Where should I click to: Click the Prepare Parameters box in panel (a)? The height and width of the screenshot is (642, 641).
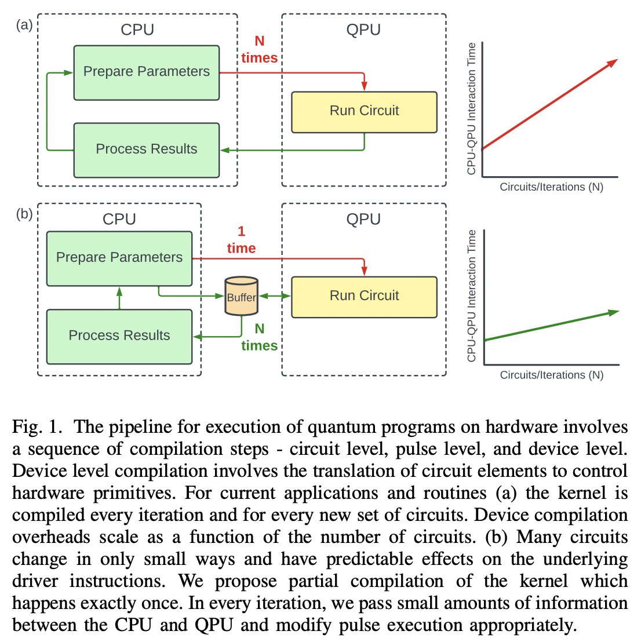coord(146,72)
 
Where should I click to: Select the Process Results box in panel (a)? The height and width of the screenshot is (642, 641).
coord(146,149)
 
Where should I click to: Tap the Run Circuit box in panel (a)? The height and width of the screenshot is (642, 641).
coord(364,111)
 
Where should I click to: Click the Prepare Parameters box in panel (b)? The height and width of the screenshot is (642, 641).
coord(119,258)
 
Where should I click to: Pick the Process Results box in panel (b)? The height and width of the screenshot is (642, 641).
coord(119,336)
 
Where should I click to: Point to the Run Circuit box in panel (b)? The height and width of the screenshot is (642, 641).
coord(364,297)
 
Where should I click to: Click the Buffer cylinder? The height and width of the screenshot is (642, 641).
coord(241,296)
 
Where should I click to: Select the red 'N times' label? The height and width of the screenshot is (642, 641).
coord(259,50)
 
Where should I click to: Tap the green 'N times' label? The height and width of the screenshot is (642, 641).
coord(259,337)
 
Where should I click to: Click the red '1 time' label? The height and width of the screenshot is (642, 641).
coord(241,240)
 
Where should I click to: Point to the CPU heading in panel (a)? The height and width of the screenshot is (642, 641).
coord(137,30)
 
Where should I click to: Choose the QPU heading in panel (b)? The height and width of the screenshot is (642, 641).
coord(363,220)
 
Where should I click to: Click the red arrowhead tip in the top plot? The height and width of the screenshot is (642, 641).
coord(617,60)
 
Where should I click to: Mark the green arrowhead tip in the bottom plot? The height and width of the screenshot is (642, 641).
coord(617,312)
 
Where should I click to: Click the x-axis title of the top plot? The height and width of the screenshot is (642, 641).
coord(551,187)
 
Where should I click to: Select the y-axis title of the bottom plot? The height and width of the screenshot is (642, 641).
coord(472,296)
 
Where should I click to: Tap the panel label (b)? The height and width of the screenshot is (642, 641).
coord(24,214)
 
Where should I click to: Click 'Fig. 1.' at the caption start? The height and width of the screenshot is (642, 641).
coord(37,427)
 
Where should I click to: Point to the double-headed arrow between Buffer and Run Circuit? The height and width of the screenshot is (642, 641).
coord(275,296)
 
